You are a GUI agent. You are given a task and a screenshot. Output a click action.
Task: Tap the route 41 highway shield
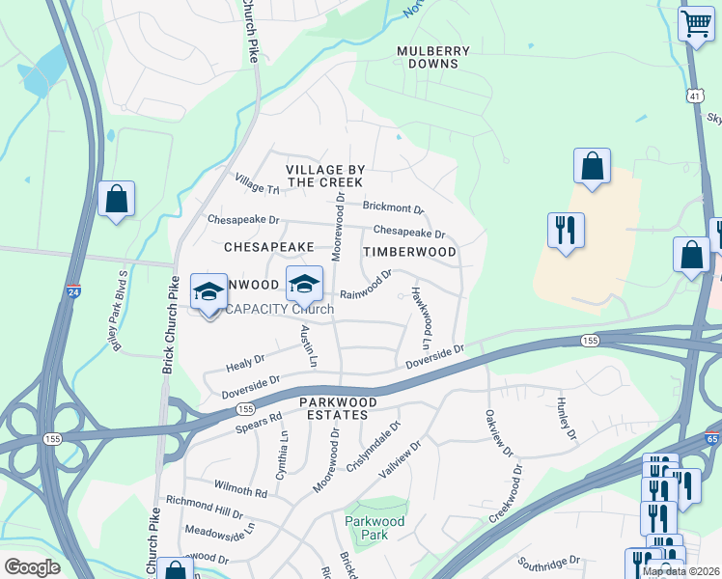click(x=695, y=95)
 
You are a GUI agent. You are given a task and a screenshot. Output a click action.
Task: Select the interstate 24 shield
click(x=74, y=291)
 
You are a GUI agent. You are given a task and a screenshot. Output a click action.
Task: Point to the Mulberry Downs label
click(x=433, y=57)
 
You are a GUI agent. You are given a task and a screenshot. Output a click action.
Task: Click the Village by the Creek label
click(x=324, y=176)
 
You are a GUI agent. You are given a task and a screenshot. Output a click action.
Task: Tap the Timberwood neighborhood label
click(x=409, y=251)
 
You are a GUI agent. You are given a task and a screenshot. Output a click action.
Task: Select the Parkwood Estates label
click(x=334, y=407)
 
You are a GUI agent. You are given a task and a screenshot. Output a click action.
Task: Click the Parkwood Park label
click(x=375, y=528)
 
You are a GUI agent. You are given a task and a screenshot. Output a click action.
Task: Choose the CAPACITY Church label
click(x=279, y=309)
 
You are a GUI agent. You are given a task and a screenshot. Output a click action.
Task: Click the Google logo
click(x=32, y=567)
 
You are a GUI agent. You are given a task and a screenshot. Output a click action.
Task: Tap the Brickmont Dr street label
click(x=393, y=207)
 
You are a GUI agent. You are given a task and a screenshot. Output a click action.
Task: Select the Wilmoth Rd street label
click(x=240, y=491)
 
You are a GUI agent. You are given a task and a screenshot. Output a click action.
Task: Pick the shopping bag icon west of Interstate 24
click(x=116, y=200)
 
